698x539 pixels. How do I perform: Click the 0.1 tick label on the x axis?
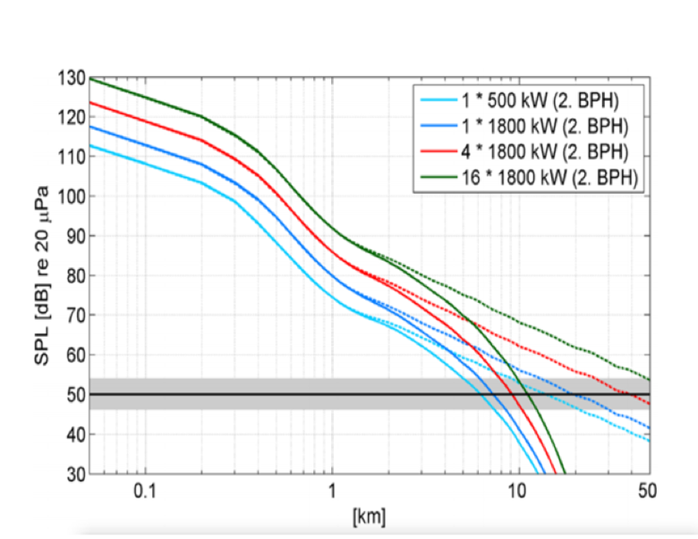[144, 491]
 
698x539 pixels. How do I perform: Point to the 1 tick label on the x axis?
[332, 491]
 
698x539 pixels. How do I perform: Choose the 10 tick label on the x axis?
[517, 491]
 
